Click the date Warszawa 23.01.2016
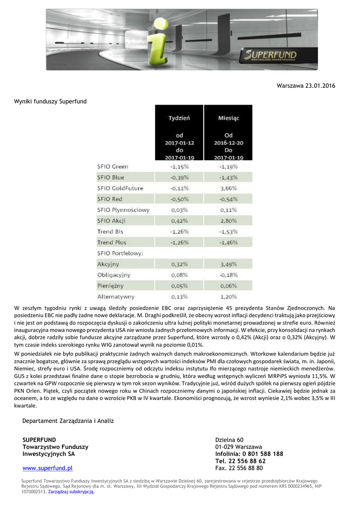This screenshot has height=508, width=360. (306, 86)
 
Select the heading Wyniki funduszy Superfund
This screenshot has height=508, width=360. (50, 102)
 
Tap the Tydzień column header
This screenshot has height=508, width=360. (179, 118)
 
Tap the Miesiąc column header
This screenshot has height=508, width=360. (228, 118)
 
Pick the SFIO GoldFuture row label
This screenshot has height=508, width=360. (120, 189)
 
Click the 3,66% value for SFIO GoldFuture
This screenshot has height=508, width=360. (228, 189)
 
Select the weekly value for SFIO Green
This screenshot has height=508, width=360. (179, 167)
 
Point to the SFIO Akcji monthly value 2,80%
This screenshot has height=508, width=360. (228, 221)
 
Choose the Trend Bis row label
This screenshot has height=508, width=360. (110, 232)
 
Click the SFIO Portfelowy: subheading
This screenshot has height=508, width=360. (120, 254)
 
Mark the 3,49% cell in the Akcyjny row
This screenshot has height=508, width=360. (228, 264)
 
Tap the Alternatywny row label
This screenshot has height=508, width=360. (116, 297)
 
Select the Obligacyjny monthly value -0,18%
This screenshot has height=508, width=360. (228, 275)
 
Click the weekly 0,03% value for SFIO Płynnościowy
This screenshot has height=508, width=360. (179, 210)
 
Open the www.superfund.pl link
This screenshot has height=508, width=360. (48, 468)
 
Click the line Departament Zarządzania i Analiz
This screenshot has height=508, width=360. (68, 421)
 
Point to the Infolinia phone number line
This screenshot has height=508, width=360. (249, 454)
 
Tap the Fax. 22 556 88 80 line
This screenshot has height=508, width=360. (239, 468)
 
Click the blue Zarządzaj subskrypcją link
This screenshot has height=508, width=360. (71, 492)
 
